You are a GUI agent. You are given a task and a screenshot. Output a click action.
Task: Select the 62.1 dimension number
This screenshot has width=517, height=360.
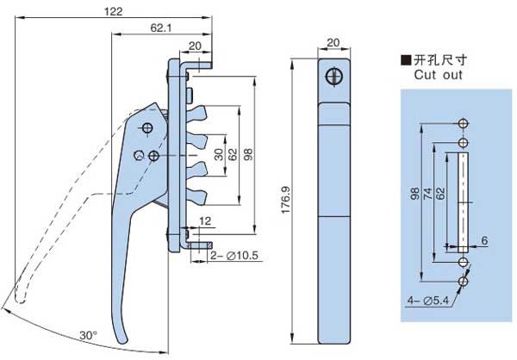click(x=160, y=28)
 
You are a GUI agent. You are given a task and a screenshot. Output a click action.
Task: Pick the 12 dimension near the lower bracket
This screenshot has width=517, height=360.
click(x=204, y=222)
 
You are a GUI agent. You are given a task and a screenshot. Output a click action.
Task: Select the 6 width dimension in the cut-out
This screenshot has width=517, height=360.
click(x=485, y=239)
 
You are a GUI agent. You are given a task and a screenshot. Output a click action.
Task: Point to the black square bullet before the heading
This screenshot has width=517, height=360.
click(x=404, y=60)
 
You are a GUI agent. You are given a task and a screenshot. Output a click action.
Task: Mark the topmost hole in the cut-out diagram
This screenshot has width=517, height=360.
click(x=464, y=122)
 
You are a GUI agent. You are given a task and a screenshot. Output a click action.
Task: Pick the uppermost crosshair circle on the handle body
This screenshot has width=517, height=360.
click(x=146, y=128)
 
